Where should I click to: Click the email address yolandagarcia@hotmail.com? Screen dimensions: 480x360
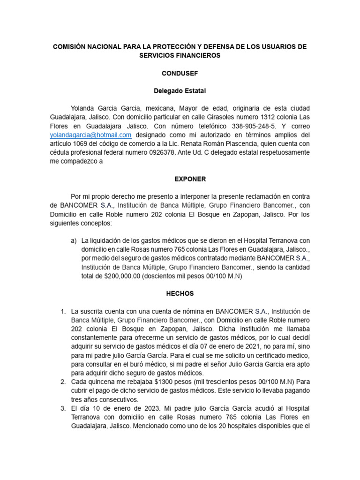pos(91,135)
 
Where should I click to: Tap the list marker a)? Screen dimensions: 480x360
pos(74,240)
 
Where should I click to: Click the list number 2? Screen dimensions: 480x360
pos(62,382)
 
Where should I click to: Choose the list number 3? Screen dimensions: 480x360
pos(62,408)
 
